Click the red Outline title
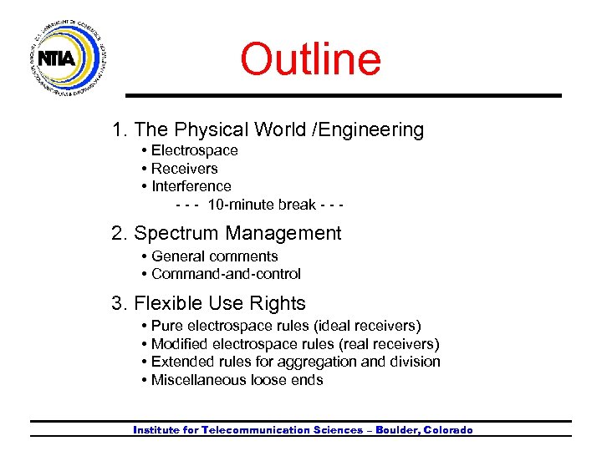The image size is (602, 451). [x=310, y=59]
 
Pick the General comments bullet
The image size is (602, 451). [x=214, y=256]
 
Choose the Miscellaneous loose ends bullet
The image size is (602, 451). [x=237, y=380]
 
